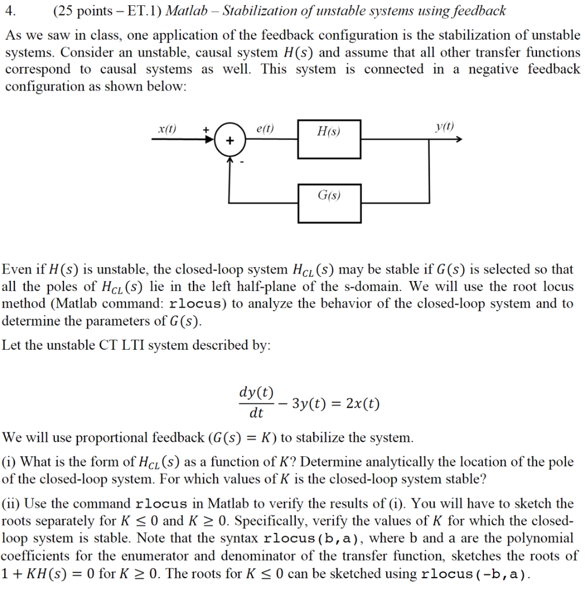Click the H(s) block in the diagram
click(329, 139)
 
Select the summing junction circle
click(229, 140)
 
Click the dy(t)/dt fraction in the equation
click(256, 402)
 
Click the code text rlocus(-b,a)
click(475, 574)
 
